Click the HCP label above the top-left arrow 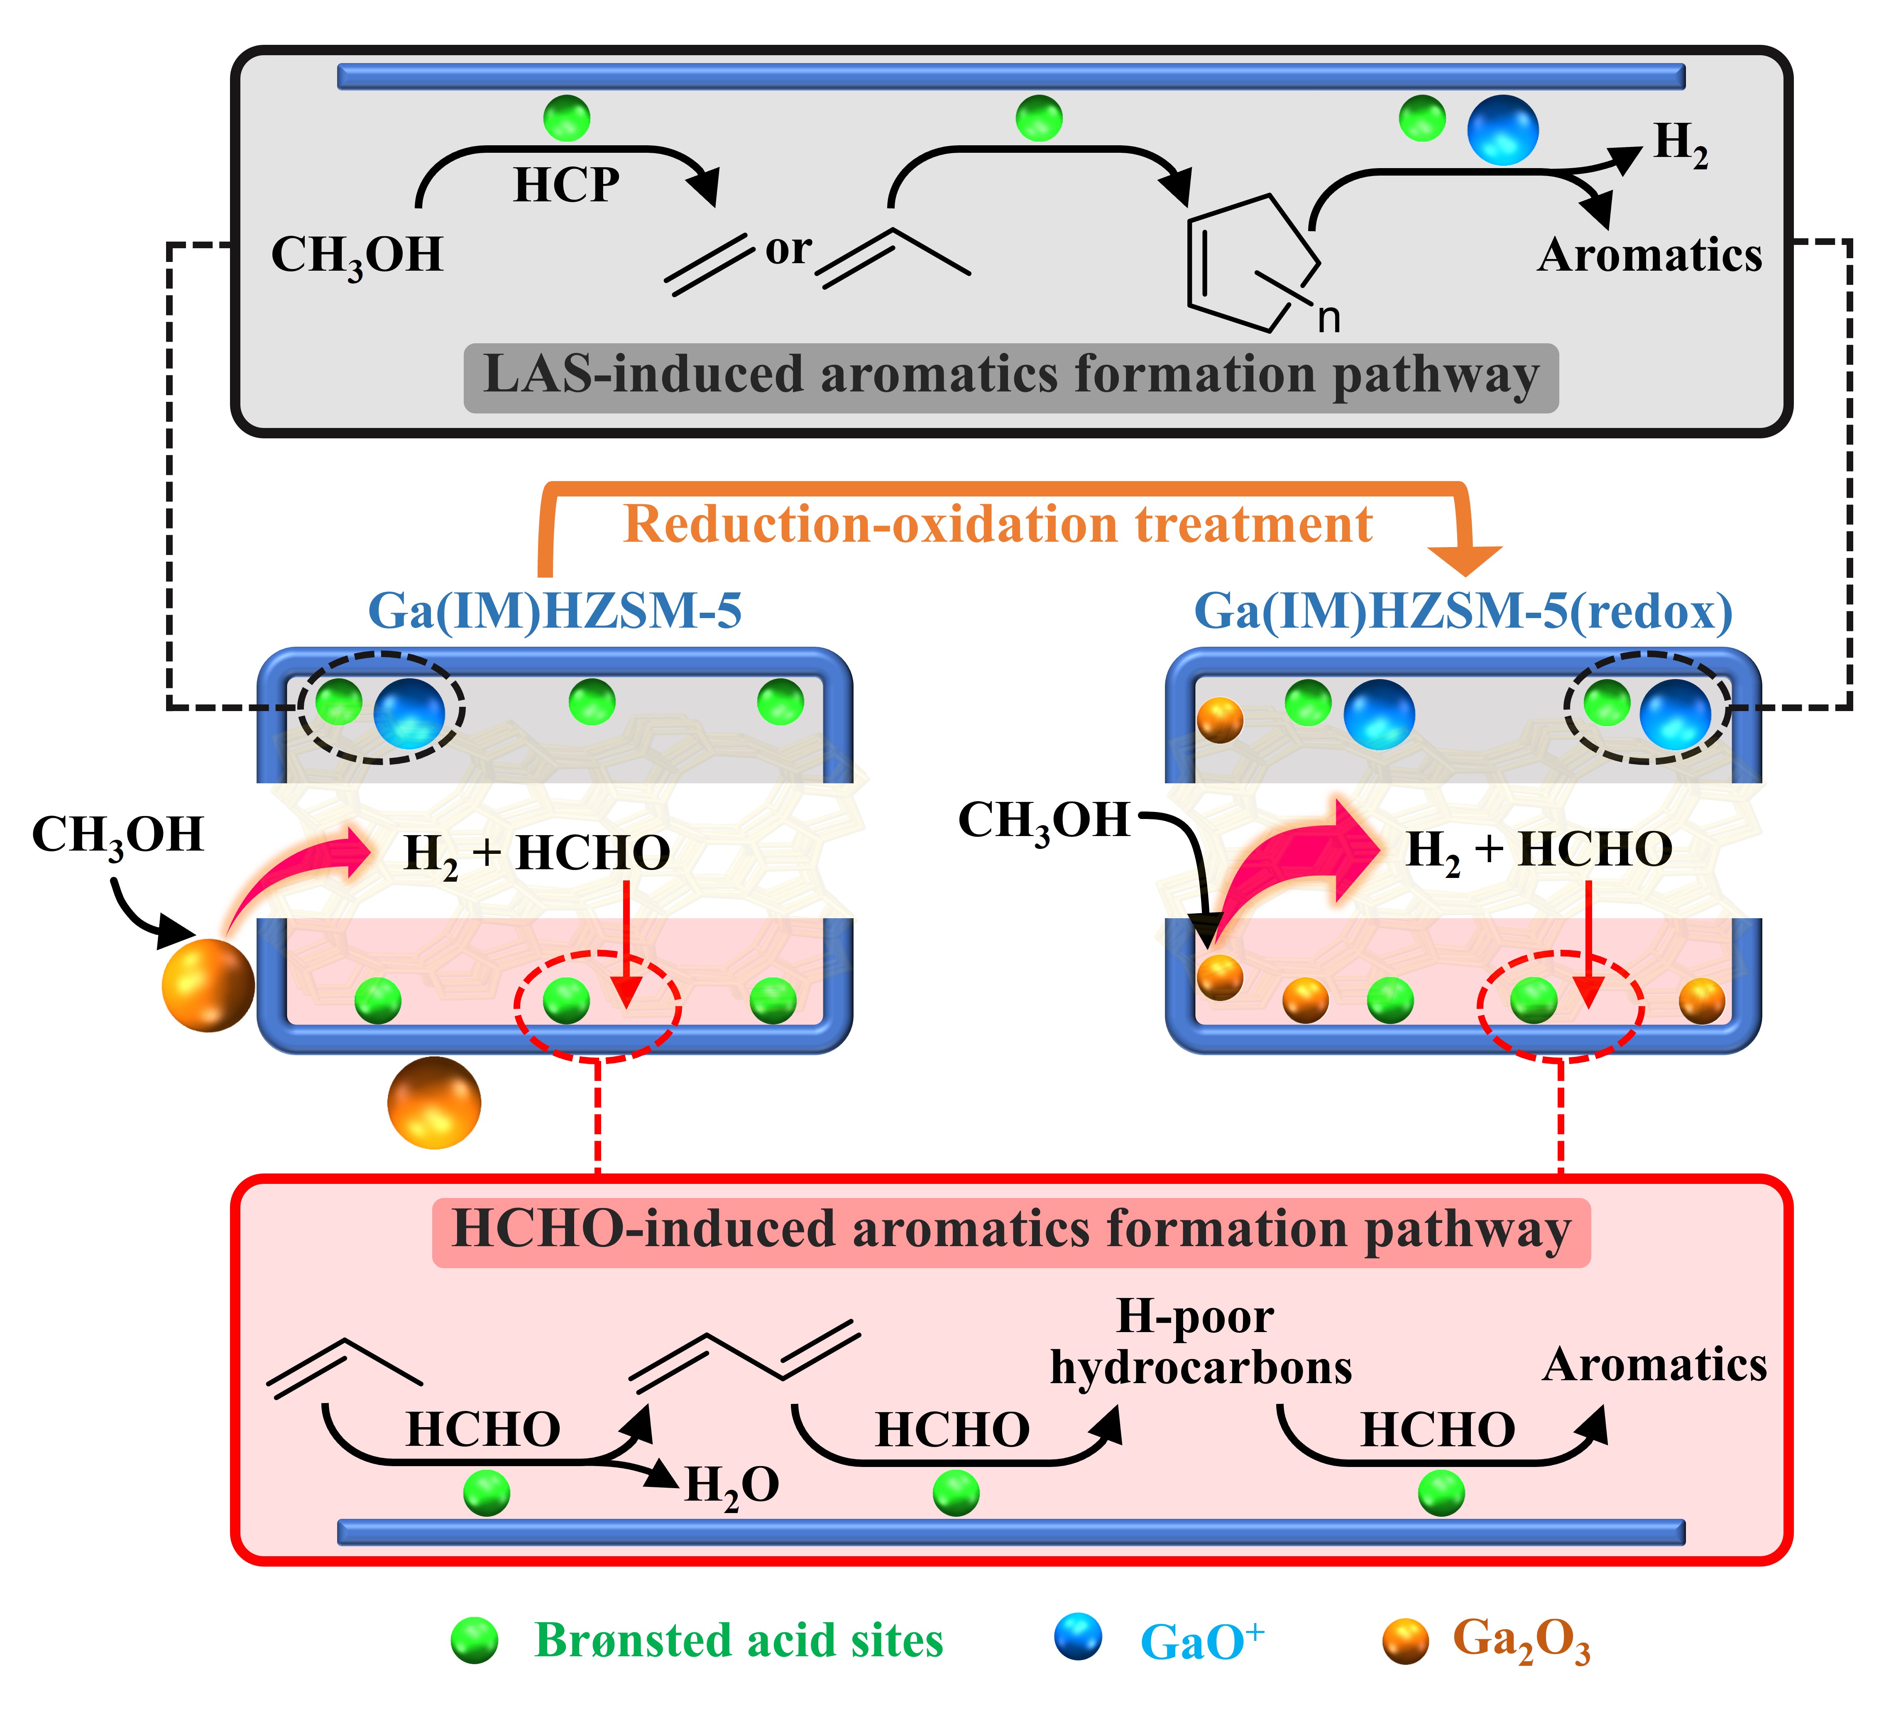[566, 185]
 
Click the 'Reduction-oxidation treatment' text [998, 525]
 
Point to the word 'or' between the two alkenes [788, 249]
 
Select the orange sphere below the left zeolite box [433, 1103]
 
